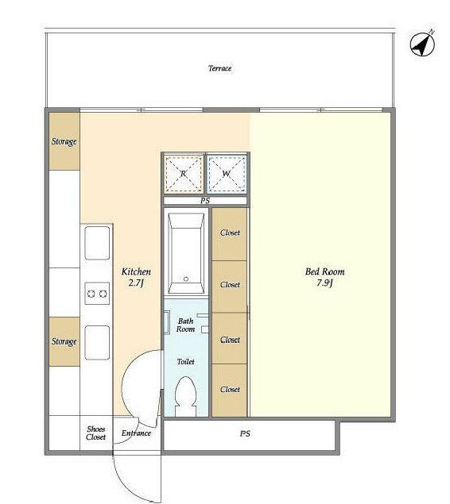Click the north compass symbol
[x=422, y=44]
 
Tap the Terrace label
[x=220, y=68]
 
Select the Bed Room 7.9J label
[x=325, y=277]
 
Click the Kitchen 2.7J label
[x=136, y=277]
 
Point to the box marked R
[x=184, y=174]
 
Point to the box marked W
[x=227, y=174]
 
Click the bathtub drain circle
[x=186, y=279]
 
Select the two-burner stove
[x=97, y=294]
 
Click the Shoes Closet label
[x=95, y=433]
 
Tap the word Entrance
[x=136, y=433]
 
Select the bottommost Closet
[x=230, y=391]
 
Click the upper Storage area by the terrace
[x=64, y=141]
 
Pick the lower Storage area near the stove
[x=64, y=341]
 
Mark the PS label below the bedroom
[x=245, y=433]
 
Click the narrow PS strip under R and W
[x=205, y=201]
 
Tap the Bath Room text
[x=186, y=325]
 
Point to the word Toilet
[x=186, y=362]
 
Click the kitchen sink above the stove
[x=97, y=243]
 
